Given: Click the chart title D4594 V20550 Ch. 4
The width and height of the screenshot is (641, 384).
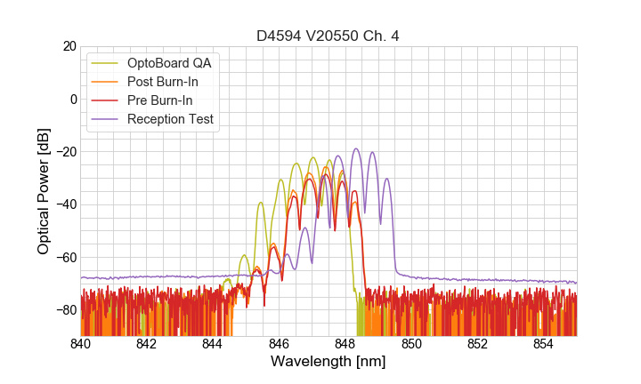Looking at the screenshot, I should point(329,36).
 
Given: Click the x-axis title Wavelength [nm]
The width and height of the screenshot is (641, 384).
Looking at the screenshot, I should point(329,362).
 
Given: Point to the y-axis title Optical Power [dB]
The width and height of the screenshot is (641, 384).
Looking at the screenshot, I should point(43,191).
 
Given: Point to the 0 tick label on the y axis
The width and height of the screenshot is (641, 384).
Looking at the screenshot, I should point(72,99).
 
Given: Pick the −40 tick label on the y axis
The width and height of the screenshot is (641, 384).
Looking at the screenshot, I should point(64,204).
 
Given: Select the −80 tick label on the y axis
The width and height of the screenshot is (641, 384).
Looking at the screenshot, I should point(64,310).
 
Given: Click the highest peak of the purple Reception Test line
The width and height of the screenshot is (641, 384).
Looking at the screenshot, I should point(356,148).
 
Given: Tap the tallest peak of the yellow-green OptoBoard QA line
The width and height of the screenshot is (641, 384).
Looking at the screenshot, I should point(313,157).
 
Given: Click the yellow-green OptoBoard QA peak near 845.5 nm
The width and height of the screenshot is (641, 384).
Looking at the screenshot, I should point(261,203).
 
